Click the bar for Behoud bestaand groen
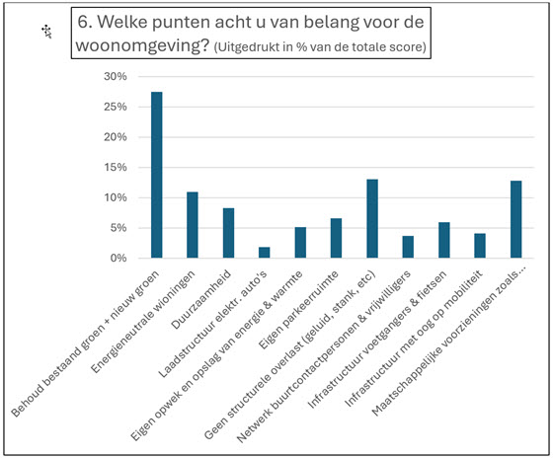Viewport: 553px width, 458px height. pos(157,175)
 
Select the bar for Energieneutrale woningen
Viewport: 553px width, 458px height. pos(193,225)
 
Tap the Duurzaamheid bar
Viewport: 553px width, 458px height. pos(228,233)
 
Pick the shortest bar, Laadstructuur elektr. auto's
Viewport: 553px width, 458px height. pos(265,253)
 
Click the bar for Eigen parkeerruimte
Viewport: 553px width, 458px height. pos(336,238)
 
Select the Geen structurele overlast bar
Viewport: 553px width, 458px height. pos(372,218)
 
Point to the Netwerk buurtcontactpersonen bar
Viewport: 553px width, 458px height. pos(408,247)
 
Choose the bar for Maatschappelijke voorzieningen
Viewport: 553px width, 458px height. pos(515,219)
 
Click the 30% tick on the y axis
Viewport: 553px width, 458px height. pos(116,76)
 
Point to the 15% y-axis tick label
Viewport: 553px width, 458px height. pos(116,167)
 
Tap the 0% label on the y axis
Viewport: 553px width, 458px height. pos(118,258)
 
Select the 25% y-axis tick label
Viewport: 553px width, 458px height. pos(116,107)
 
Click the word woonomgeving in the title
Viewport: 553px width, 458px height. pos(143,45)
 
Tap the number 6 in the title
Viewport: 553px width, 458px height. pos(82,22)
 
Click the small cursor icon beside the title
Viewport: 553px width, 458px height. pos(47,32)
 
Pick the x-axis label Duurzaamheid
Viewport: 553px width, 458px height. pos(201,299)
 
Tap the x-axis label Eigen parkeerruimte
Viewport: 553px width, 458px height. pos(298,310)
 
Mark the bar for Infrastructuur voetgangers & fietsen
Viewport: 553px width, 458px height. pos(444,240)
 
